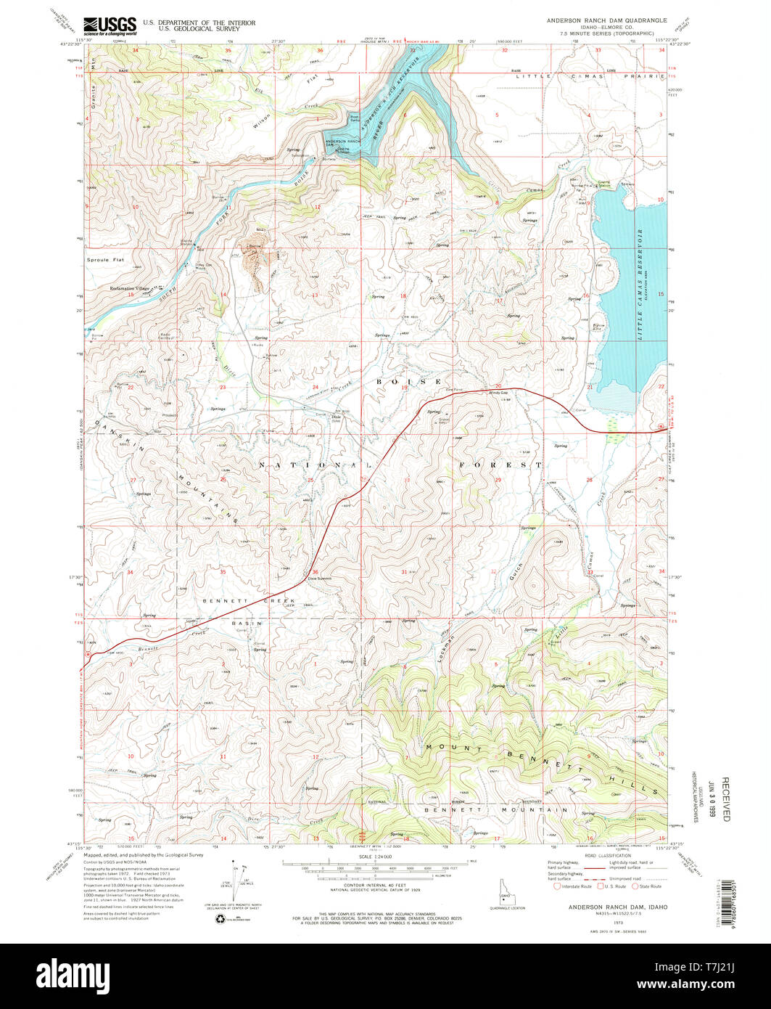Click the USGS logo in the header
click(110, 26)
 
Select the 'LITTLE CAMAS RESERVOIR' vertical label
click(640, 284)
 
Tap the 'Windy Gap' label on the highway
click(500, 393)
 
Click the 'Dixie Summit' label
click(318, 578)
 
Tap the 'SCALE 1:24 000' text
click(379, 857)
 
